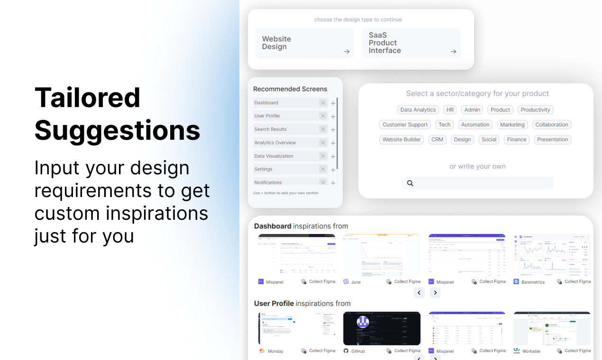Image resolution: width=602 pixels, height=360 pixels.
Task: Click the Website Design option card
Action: coord(304,43)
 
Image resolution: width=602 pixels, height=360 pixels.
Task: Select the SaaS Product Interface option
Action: coord(411,43)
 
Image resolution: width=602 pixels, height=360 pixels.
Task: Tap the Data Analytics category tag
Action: coord(418,110)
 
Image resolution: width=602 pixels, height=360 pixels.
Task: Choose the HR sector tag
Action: coord(450,110)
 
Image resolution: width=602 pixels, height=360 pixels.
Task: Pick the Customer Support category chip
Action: coord(405,125)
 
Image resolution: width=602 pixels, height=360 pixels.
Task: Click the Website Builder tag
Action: coord(401,140)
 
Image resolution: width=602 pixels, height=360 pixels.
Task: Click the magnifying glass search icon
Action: coord(410,183)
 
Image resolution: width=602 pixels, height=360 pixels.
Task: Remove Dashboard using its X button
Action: coord(323,103)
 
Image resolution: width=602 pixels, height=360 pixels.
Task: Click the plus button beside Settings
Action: coord(333,170)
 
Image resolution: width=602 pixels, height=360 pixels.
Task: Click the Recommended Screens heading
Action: coord(290,89)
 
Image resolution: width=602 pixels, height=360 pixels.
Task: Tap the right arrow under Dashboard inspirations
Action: coord(435,293)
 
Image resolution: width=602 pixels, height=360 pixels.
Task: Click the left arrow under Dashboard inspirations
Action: coord(419,293)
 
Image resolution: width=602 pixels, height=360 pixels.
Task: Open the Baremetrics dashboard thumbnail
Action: coord(552,255)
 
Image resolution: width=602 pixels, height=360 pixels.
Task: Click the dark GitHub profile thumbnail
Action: coord(382,328)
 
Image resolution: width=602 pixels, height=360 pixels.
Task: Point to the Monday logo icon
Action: coord(261,351)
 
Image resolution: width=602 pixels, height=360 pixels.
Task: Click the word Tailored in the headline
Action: coord(88,98)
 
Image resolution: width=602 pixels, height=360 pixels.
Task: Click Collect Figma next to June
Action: coord(407,281)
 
